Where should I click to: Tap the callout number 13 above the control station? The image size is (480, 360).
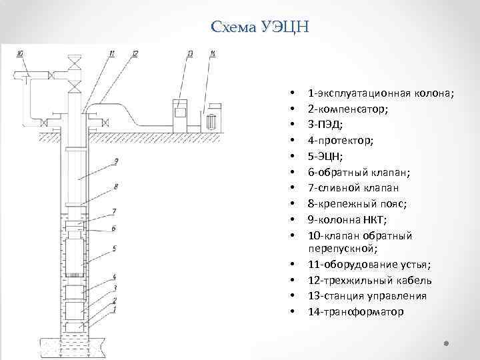[190, 53]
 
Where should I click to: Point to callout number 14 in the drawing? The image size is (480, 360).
[212, 53]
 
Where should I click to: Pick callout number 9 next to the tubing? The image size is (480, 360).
[116, 161]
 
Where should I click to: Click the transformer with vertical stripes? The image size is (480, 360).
[213, 121]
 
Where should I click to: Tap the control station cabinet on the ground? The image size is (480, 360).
[179, 113]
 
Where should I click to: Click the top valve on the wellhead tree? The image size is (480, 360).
[75, 64]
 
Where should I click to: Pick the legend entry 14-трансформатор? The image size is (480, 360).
[355, 312]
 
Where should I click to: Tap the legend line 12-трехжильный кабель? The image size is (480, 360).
[369, 280]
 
